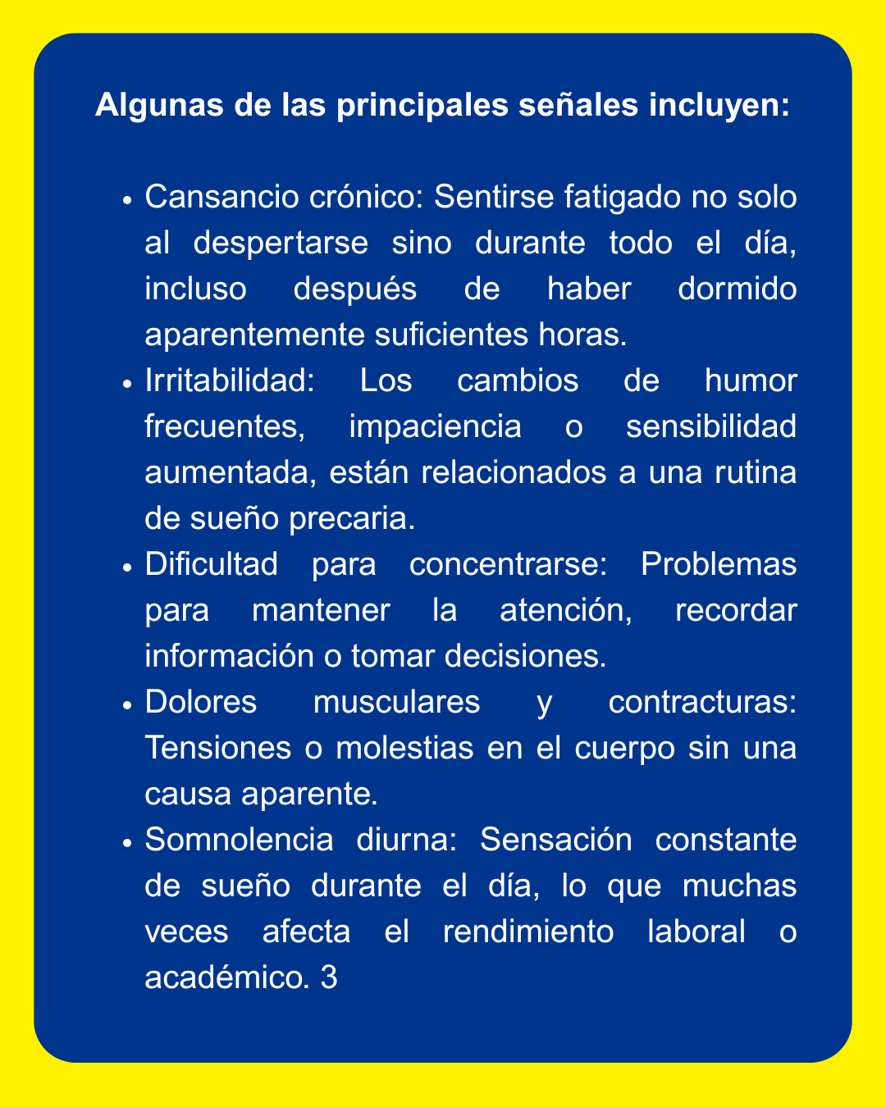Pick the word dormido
tap(737, 289)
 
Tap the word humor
tap(750, 381)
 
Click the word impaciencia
tap(435, 427)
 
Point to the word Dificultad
tap(211, 565)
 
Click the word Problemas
tap(718, 565)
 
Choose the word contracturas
tap(702, 704)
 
